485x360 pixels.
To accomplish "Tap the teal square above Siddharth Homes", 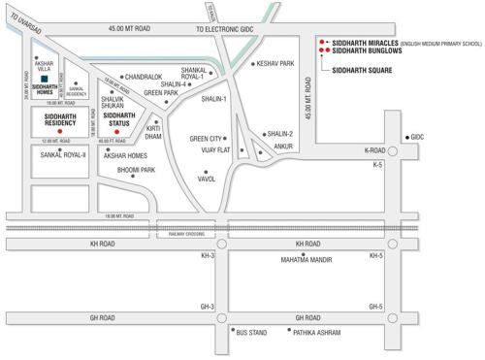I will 45,81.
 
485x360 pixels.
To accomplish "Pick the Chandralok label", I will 145,77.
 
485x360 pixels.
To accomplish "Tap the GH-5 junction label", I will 375,307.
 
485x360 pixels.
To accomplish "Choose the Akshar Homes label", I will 125,155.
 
